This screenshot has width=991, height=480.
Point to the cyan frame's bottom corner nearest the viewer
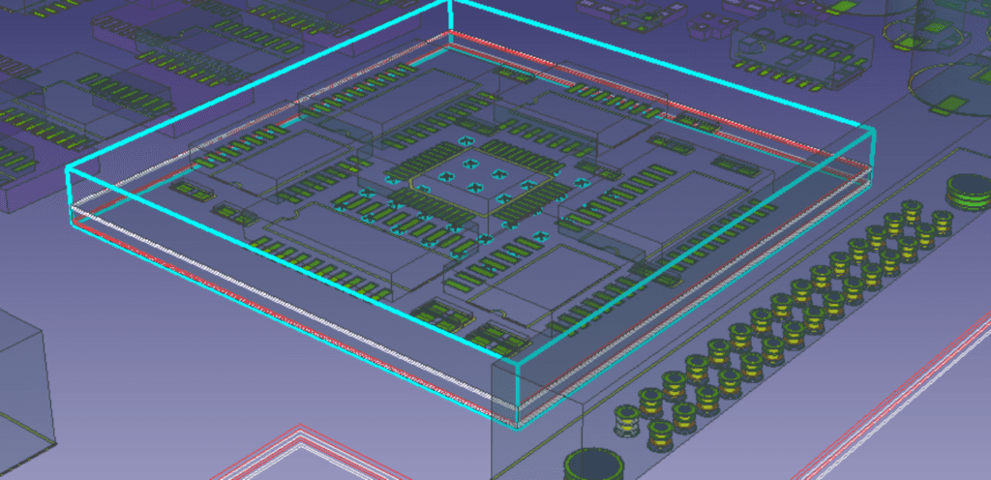coord(517,424)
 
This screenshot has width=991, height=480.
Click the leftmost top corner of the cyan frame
coord(68,170)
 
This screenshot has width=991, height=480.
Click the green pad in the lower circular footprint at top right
coord(953,105)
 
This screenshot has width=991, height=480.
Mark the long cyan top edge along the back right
coord(668,62)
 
